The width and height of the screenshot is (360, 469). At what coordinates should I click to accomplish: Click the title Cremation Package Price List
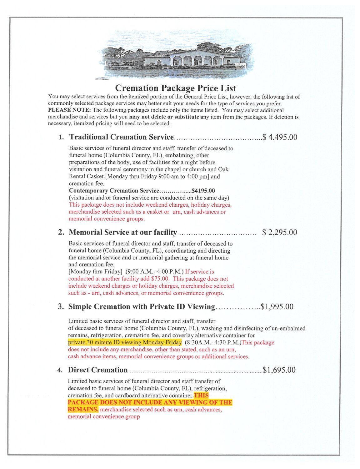[176, 88]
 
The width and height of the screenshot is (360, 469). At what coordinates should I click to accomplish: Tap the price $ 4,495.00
[280, 137]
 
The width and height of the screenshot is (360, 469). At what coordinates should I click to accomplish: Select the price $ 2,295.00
[280, 232]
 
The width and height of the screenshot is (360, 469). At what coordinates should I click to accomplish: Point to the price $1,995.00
[277, 306]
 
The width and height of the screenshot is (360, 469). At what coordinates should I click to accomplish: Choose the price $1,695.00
[279, 370]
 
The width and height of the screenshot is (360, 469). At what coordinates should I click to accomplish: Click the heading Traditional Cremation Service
[121, 137]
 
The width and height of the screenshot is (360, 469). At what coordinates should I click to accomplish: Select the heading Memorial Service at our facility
[123, 232]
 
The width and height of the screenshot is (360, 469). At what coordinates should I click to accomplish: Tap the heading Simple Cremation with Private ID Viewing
[142, 306]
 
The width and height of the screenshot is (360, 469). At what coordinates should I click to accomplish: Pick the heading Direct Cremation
[98, 370]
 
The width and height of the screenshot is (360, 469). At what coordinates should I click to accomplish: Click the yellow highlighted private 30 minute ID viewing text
[125, 342]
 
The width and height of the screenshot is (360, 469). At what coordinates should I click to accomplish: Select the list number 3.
[61, 307]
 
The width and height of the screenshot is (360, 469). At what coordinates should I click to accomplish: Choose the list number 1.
[61, 138]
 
